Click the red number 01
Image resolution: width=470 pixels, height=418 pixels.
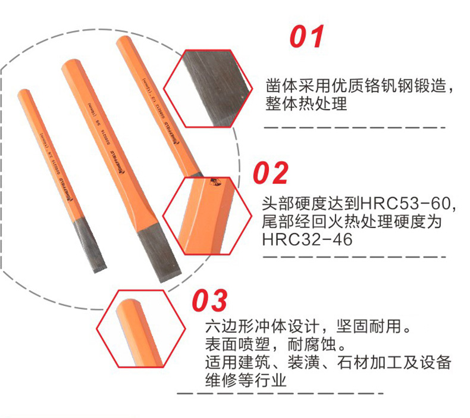coord(306,37)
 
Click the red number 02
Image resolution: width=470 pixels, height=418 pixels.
coord(271,173)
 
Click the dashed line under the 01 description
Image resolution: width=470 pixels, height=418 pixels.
coord(355,127)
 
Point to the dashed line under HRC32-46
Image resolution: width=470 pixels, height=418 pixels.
coord(355,257)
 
